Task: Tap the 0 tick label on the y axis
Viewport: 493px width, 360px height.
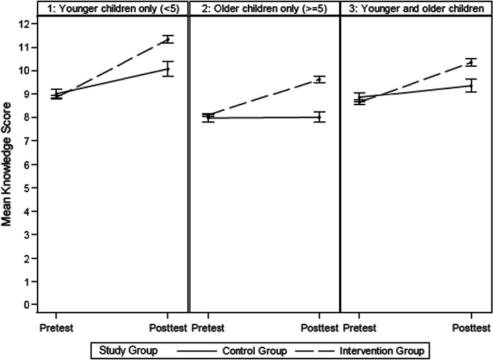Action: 26,304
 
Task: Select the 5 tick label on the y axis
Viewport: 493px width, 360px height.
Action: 26,187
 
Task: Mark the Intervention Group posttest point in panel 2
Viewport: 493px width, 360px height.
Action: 319,79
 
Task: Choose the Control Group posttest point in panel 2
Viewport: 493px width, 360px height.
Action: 319,117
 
